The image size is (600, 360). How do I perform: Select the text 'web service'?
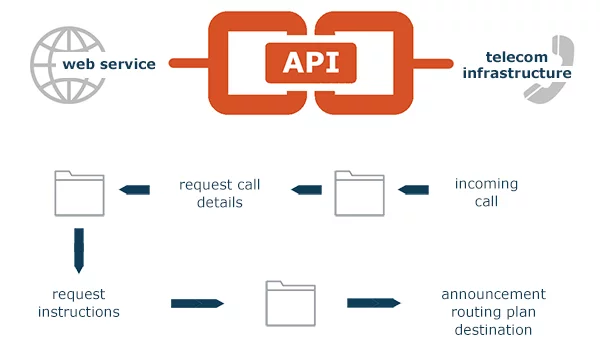109,64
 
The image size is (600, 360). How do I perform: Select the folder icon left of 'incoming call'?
358,193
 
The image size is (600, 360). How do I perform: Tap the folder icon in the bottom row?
290,303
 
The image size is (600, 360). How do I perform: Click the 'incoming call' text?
486,192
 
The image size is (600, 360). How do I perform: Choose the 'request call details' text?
220,193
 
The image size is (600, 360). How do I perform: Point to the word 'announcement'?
493,294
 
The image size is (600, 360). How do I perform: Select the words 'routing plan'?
493,311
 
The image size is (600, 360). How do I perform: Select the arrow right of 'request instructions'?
197,303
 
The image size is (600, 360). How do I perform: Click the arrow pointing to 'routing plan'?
373,302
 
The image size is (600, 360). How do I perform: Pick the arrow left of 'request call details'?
134,188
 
